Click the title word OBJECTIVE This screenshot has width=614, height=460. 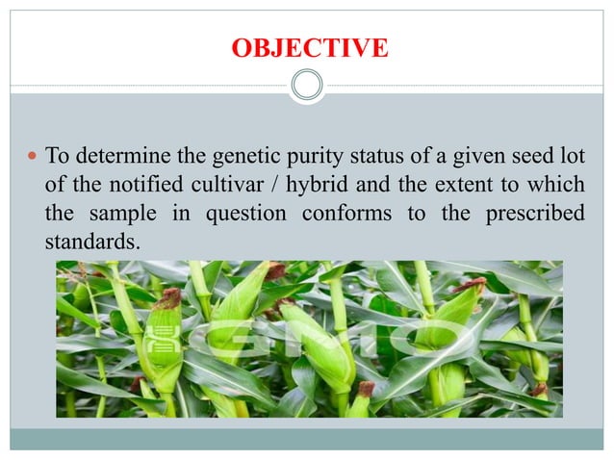[x=310, y=47]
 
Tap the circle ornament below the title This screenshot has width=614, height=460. [x=307, y=87]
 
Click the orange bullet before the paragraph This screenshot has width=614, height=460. [x=32, y=155]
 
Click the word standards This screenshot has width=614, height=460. [x=90, y=243]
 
